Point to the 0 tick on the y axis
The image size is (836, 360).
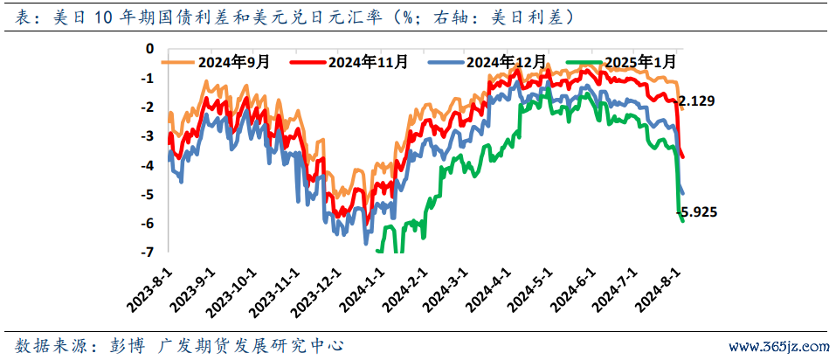(x=150, y=49)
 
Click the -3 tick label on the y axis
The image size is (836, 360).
(x=148, y=136)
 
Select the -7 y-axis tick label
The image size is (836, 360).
(x=148, y=253)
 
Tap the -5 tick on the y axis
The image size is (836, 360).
(x=148, y=194)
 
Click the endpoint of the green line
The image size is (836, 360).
(x=683, y=221)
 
